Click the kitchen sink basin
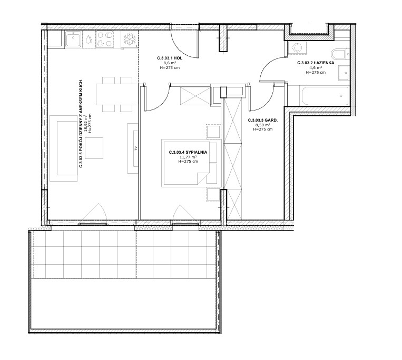[74, 39]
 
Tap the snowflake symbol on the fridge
[129, 39]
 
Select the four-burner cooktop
[105, 39]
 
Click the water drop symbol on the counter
[89, 39]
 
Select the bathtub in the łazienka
[324, 96]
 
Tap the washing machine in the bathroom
[297, 48]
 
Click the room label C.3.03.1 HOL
[170, 58]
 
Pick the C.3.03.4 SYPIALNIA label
[188, 152]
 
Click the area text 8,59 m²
[263, 125]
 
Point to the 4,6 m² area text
[316, 67]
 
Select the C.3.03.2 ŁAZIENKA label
[316, 63]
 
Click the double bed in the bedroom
[191, 163]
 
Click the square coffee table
[94, 148]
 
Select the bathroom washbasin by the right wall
[344, 73]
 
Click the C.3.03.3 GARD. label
[263, 120]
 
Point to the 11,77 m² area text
[188, 157]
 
